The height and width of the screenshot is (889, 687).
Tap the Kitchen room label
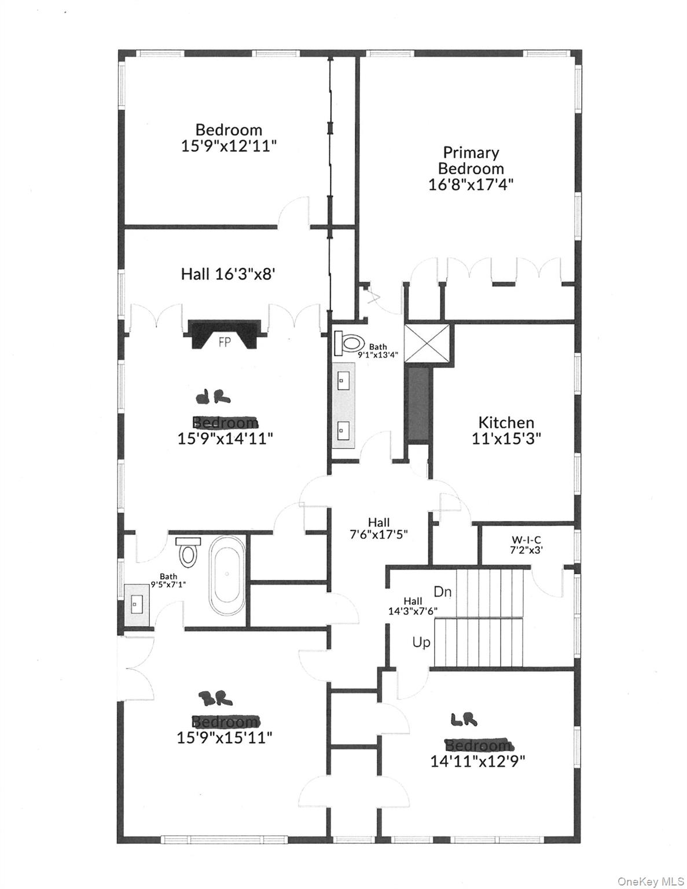(x=506, y=423)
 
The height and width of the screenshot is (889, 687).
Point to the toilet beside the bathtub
(x=188, y=552)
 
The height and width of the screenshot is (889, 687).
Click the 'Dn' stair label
(x=442, y=592)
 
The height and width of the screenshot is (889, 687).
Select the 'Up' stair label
(x=421, y=642)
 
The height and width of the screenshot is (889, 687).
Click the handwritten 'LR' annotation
(x=464, y=720)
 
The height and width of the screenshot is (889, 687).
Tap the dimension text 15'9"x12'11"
(x=229, y=145)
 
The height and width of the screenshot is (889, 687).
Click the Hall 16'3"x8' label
(x=227, y=274)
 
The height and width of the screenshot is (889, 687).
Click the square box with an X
(x=427, y=343)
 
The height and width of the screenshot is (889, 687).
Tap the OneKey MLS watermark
(x=651, y=881)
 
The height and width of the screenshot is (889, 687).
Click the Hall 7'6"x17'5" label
(x=379, y=528)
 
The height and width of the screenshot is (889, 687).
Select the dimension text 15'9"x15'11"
(x=225, y=737)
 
